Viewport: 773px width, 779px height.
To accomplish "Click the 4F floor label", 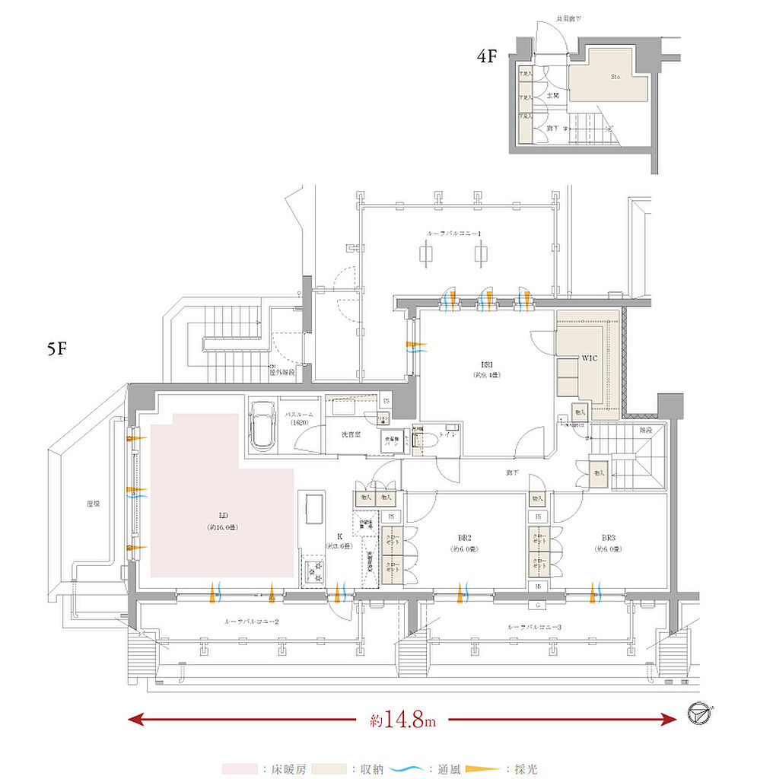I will [487, 56].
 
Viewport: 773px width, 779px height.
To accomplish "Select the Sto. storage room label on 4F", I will [616, 77].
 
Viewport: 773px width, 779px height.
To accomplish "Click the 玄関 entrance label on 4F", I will [553, 97].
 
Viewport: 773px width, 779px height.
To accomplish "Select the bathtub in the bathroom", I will [262, 425].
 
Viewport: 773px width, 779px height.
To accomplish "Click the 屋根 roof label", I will [94, 504].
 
